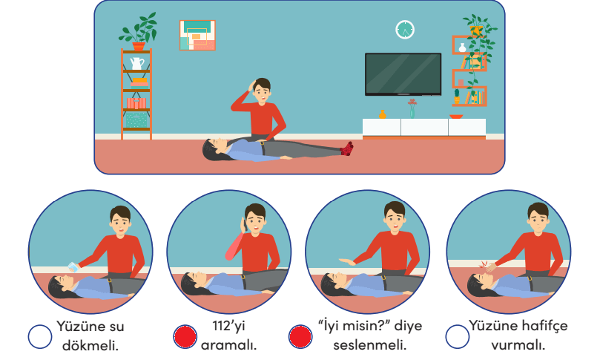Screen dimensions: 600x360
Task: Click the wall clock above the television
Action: coord(405,30)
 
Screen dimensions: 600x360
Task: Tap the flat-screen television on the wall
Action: coord(403,74)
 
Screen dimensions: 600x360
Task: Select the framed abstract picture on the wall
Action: coord(197,35)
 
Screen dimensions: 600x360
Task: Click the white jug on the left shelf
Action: coord(137,64)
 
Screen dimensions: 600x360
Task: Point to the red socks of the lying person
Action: coord(346,148)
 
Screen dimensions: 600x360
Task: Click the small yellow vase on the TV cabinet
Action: coord(382,114)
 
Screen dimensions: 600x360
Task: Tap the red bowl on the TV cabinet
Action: coord(456,117)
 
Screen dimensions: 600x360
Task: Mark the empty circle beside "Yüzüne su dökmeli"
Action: coord(40,337)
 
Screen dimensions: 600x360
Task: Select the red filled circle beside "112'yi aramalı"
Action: coord(185,337)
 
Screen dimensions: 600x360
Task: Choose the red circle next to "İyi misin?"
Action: coord(300,337)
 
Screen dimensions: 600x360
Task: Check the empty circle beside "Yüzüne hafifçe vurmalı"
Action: coord(458,337)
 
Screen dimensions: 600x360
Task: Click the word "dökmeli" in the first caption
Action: coord(90,345)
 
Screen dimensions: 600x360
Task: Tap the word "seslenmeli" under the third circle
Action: coord(369,345)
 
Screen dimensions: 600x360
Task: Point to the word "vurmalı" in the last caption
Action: coord(518,345)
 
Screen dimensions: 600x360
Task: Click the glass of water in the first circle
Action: coord(73,267)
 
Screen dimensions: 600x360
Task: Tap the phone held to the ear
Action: coord(243,225)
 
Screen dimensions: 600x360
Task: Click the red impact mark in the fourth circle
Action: coord(484,265)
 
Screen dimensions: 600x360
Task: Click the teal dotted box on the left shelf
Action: coord(136,120)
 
